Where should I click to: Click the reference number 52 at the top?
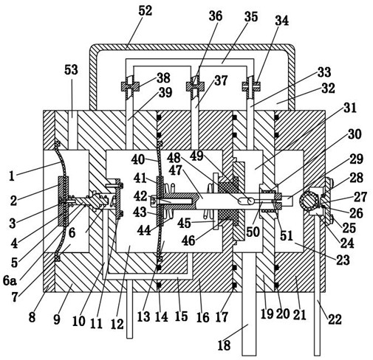tap(146, 11)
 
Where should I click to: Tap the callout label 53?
tap(71, 70)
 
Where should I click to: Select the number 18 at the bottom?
tap(224, 345)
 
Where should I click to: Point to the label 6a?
tap(10, 280)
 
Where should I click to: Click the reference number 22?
tap(335, 319)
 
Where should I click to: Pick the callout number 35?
tap(251, 17)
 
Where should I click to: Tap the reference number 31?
tap(350, 108)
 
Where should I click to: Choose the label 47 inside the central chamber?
tap(176, 170)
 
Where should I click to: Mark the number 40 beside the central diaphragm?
tap(138, 159)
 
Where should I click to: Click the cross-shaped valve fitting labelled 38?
tap(130, 86)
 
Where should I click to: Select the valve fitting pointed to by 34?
tap(251, 86)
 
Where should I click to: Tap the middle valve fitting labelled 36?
tap(195, 86)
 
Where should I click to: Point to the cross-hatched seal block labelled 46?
tap(228, 201)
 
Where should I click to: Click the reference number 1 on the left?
tap(12, 176)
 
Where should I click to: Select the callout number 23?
tap(343, 260)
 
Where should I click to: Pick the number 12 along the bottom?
tap(117, 325)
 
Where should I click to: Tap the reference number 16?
tap(203, 317)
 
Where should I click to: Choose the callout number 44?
tap(144, 231)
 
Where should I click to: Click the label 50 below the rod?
tap(253, 232)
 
